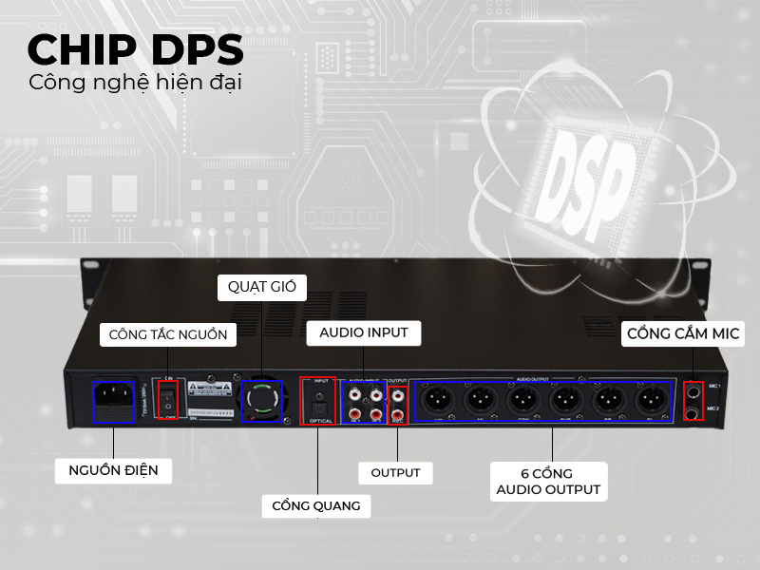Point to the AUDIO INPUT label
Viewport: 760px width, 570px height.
[363, 332]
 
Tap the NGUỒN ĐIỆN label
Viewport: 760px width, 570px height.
[113, 470]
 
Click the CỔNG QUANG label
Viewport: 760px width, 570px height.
[315, 505]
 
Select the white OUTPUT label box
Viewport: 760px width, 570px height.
[395, 472]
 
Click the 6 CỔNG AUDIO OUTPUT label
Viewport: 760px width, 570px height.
[547, 481]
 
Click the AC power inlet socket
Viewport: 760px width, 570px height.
[113, 398]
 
